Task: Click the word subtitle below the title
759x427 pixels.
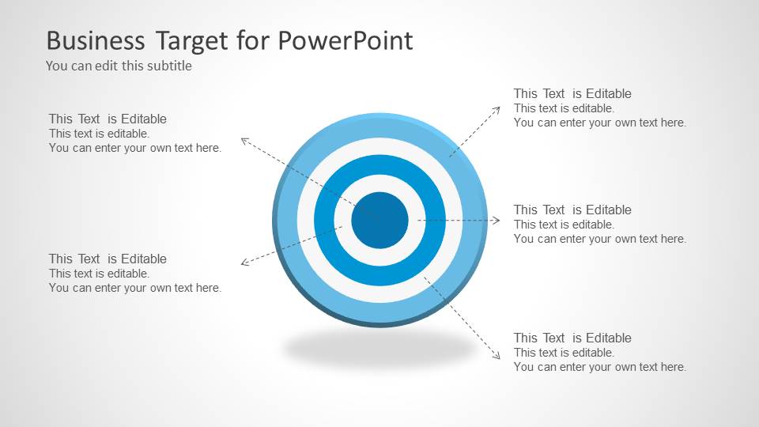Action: coord(168,66)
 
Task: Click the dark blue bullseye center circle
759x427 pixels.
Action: coord(379,220)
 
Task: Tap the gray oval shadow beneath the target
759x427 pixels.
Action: coord(379,347)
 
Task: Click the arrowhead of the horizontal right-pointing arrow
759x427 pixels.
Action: coord(497,221)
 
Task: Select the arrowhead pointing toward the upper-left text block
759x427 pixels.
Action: coord(244,141)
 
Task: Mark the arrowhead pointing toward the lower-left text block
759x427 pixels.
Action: coord(244,262)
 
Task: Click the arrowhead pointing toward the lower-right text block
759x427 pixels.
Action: coord(497,357)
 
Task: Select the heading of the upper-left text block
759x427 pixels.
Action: coord(108,119)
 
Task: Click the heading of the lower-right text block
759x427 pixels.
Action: coord(572,338)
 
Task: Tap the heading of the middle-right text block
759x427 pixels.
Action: coord(572,210)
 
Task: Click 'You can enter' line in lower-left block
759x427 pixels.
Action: coord(135,289)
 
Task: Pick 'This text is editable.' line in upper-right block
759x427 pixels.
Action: coord(564,108)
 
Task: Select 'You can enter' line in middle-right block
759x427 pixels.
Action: coord(599,239)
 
